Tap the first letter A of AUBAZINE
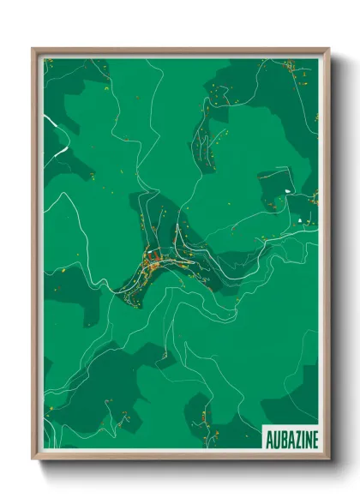pyautogui.click(x=267, y=437)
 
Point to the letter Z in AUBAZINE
pyautogui.click(x=293, y=437)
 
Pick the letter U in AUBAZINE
pyautogui.click(x=274, y=437)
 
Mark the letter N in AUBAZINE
pyautogui.click(x=306, y=437)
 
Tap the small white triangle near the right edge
pyautogui.click(x=300, y=221)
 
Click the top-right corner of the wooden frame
pyautogui.click(x=327, y=50)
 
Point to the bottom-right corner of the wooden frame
pyautogui.click(x=327, y=458)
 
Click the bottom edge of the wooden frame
pyautogui.click(x=180, y=457)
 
